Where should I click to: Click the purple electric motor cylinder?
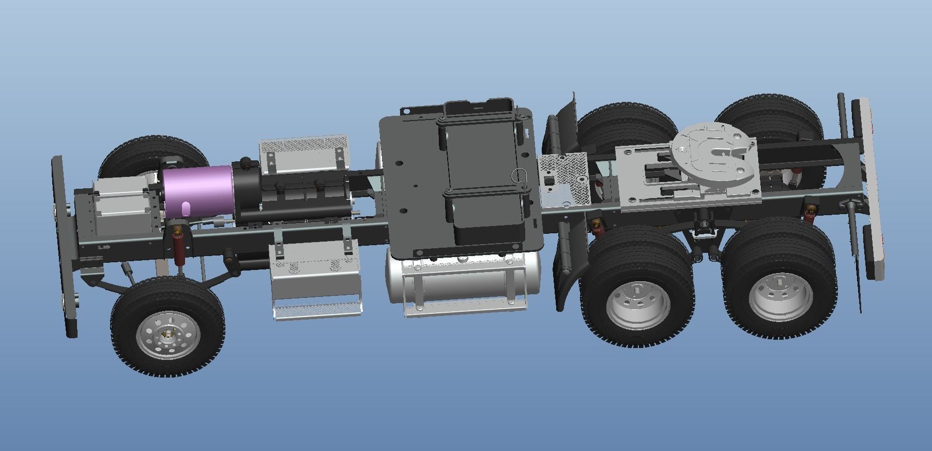tap(196, 191)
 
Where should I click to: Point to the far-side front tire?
tap(150, 153)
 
